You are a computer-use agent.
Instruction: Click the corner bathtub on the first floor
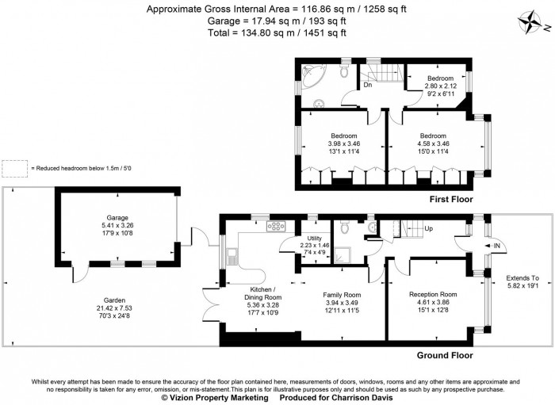pos(312,78)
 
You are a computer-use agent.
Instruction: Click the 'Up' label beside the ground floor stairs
pos(429,229)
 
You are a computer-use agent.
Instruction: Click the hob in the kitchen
pos(278,227)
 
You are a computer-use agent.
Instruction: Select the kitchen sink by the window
pos(232,255)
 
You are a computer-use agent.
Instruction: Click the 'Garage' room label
pos(118,217)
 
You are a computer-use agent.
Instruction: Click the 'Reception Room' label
pos(433,294)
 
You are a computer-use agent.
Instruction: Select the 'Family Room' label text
pos(342,294)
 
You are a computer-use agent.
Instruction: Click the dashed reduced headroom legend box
pos(14,168)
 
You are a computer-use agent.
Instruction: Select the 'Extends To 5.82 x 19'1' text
pos(522,283)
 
